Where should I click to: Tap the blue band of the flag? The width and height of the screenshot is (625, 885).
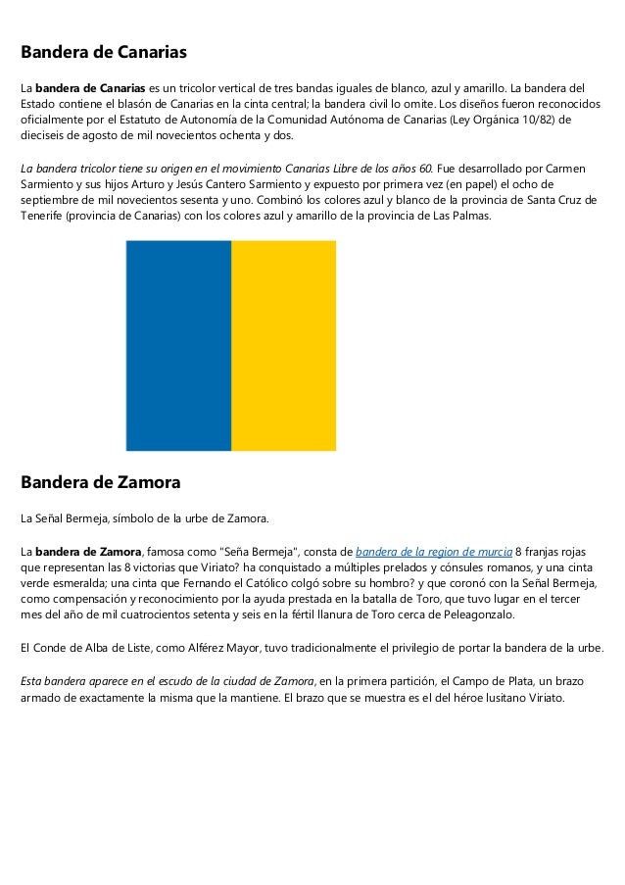[x=178, y=345]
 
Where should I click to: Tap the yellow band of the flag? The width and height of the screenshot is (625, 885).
[x=283, y=345]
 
